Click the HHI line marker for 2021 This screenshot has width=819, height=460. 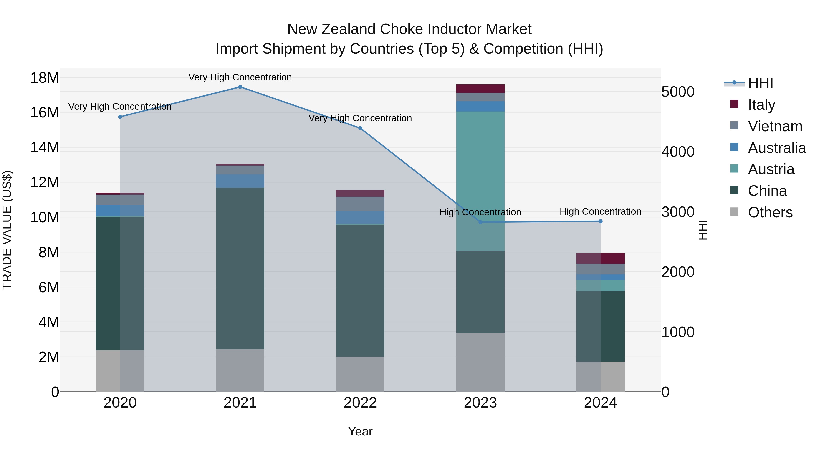coord(240,87)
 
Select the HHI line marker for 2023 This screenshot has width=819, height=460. coord(480,222)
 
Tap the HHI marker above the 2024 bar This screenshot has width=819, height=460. coord(600,221)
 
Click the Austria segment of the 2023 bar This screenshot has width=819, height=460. coord(480,181)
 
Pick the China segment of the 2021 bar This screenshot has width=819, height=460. coord(240,268)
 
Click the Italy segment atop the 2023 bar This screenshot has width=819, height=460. coord(480,89)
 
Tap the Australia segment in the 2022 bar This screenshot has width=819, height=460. coord(360,217)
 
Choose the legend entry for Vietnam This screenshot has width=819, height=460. coord(775,126)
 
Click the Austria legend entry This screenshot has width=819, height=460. coord(771,169)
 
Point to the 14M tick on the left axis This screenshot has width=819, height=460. coord(45,148)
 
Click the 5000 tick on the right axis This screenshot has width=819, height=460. coord(678,92)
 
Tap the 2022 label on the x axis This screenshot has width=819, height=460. coord(360,403)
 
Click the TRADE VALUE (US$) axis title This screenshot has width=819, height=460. coord(7,230)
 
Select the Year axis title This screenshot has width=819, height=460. coord(360,431)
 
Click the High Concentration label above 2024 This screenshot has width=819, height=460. coord(600,211)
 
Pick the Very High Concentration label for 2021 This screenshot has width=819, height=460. coord(240,77)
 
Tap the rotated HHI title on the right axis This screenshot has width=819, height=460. coord(703,230)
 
